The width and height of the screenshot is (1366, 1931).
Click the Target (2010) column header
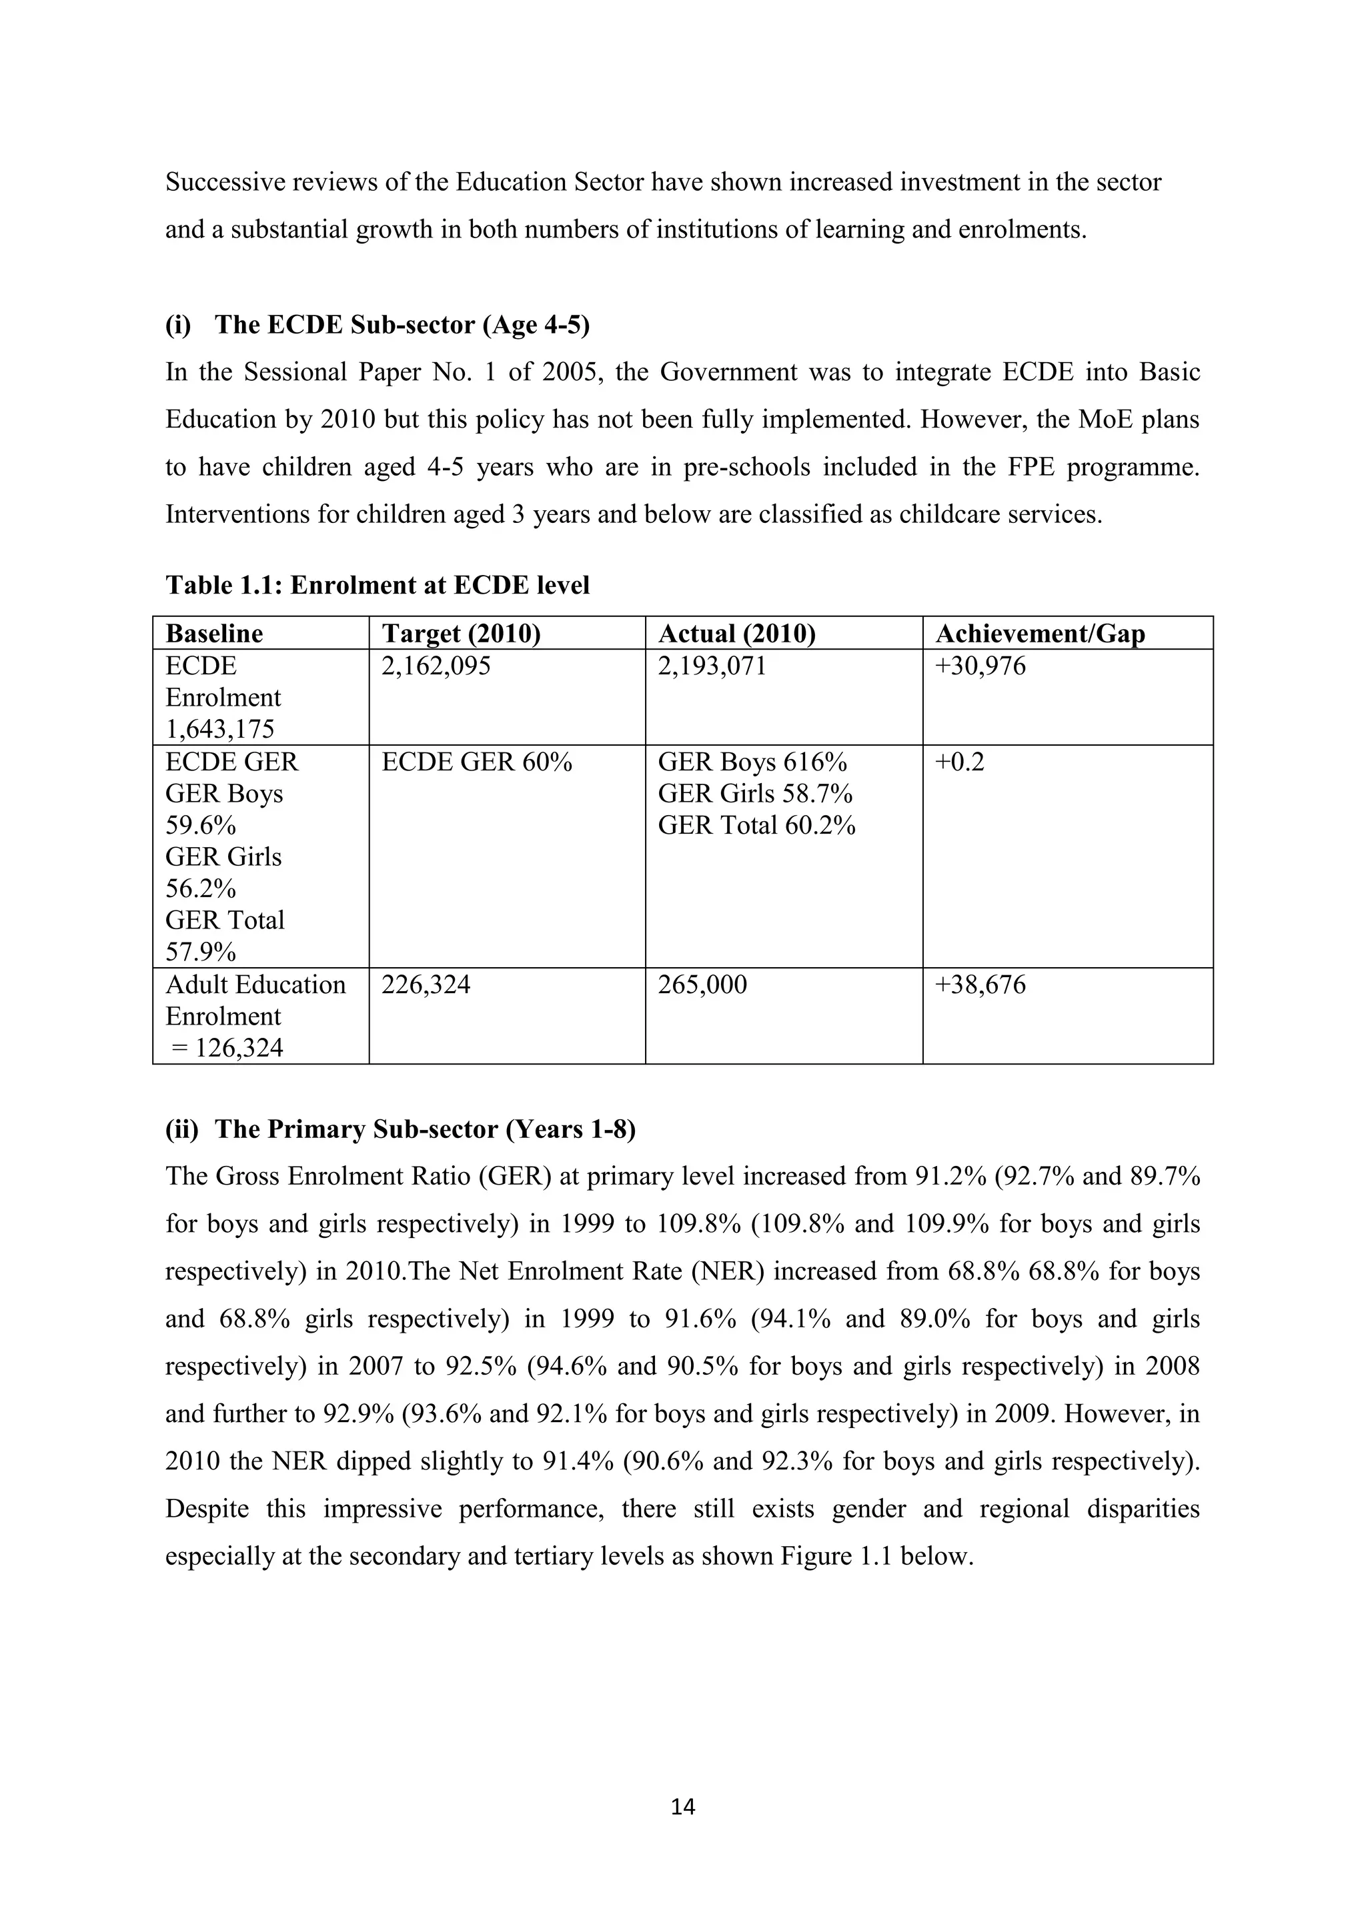pyautogui.click(x=460, y=633)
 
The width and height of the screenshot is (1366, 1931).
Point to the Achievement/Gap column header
pyautogui.click(x=1040, y=633)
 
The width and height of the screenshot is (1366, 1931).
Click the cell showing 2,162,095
pyautogui.click(x=436, y=666)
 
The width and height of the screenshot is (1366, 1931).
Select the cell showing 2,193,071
pyautogui.click(x=712, y=666)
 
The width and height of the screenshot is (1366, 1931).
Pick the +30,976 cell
pyautogui.click(x=980, y=666)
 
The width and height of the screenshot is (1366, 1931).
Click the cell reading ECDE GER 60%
pyautogui.click(x=476, y=762)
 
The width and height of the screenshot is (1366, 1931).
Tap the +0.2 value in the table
pyautogui.click(x=959, y=762)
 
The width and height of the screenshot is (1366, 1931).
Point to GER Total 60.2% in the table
pyautogui.click(x=756, y=826)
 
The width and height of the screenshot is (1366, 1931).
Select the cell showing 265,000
pyautogui.click(x=702, y=984)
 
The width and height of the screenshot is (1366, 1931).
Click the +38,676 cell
pyautogui.click(x=980, y=984)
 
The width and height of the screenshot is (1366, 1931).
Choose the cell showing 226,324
pyautogui.click(x=426, y=984)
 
